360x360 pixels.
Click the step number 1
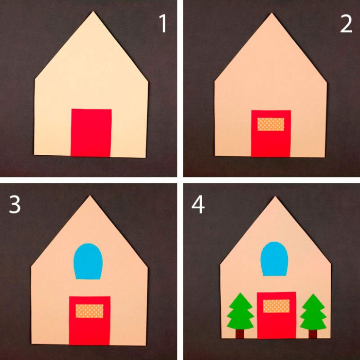coord(163,24)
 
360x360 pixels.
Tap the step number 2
coord(346,24)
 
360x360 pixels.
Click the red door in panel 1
coord(91,133)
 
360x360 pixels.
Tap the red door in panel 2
coord(271,133)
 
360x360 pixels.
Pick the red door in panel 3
coord(89,320)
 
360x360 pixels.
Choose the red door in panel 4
coord(277,315)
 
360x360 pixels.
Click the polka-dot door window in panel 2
coord(271,124)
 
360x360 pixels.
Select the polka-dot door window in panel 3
coord(89,311)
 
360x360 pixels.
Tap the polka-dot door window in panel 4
coord(276,306)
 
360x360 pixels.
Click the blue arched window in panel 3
coord(88,261)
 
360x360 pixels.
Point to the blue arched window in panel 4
coord(274,259)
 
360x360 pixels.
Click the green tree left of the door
coord(240,311)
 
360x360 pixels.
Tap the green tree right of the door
coord(313,312)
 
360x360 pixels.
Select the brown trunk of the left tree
coord(240,334)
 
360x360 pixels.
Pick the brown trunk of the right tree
coord(313,334)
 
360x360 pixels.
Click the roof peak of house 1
coord(93,11)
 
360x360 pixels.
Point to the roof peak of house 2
coord(272,13)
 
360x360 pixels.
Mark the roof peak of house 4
coord(275,197)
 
